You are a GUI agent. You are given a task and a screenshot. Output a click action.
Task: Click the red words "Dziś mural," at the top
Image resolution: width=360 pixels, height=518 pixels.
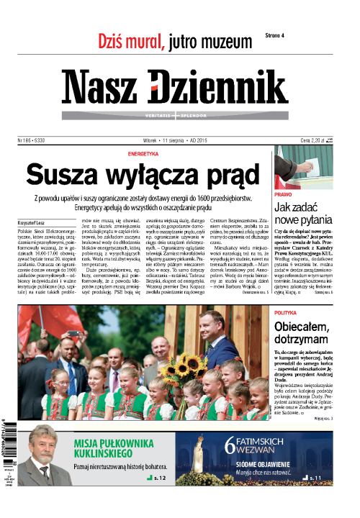pyautogui.click(x=123, y=41)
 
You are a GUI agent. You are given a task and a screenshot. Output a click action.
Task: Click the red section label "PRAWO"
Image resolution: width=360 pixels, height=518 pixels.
pyautogui.click(x=283, y=195)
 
